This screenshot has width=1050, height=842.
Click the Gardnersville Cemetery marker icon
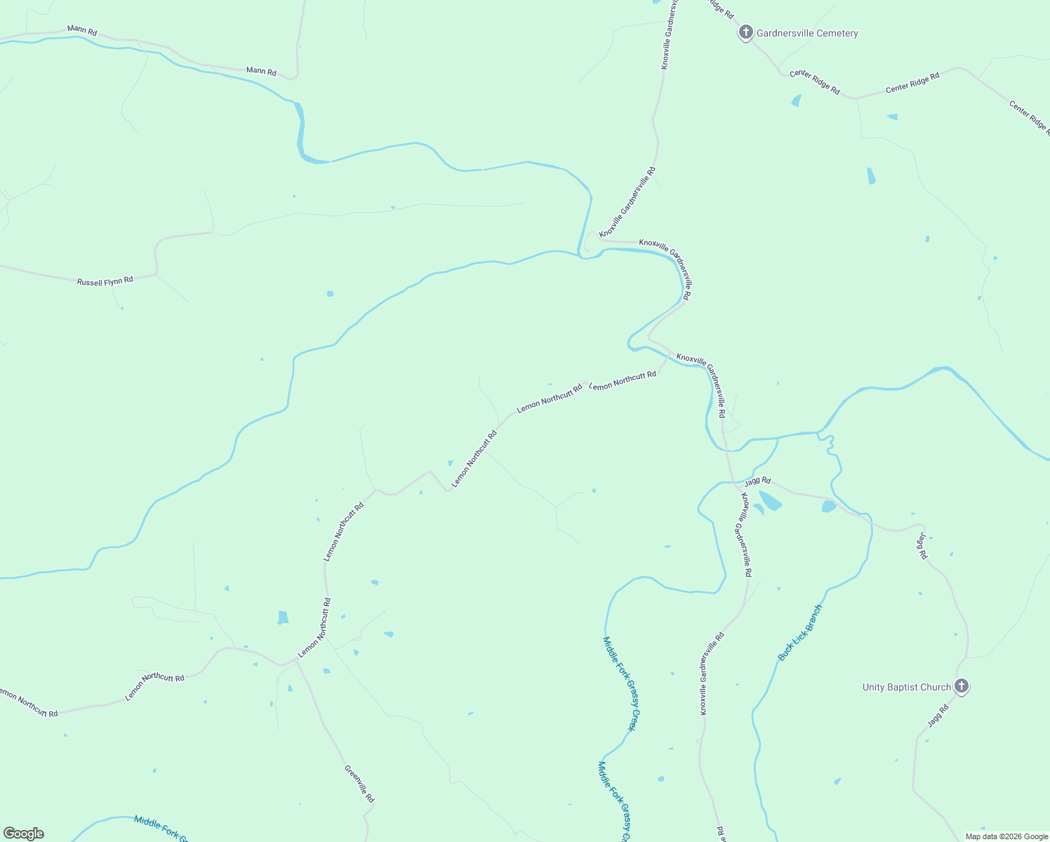pyautogui.click(x=745, y=32)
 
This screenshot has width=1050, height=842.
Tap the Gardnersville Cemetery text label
pyautogui.click(x=807, y=33)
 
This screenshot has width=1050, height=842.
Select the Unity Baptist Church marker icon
pyautogui.click(x=962, y=686)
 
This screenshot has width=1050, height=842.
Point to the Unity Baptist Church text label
pyautogui.click(x=906, y=688)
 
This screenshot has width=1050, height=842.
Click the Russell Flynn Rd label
pyautogui.click(x=105, y=281)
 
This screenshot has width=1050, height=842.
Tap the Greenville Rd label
pyautogui.click(x=359, y=783)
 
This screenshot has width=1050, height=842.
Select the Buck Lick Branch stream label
pyautogui.click(x=799, y=632)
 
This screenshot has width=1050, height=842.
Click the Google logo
pyautogui.click(x=24, y=834)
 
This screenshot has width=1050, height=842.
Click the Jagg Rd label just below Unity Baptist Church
pyautogui.click(x=938, y=716)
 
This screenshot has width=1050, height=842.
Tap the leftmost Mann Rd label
pyautogui.click(x=82, y=31)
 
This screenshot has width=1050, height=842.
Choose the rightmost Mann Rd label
pyautogui.click(x=261, y=72)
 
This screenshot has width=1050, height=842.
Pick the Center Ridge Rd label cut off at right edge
pyautogui.click(x=1030, y=117)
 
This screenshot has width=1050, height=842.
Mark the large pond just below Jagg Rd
pyautogui.click(x=770, y=501)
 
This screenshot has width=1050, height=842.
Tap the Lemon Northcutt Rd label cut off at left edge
pyautogui.click(x=28, y=703)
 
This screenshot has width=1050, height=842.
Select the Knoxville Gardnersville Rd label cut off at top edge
pyautogui.click(x=669, y=35)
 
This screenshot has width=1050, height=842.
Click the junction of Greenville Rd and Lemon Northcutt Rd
pyautogui.click(x=296, y=661)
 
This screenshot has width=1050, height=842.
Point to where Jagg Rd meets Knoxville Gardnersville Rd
pyautogui.click(x=734, y=483)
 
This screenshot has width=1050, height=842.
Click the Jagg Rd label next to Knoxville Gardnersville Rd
pyautogui.click(x=757, y=481)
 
